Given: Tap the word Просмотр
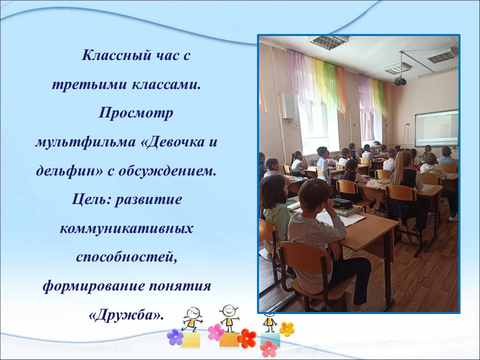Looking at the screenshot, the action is (136, 113).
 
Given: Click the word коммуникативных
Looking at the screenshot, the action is (126, 228).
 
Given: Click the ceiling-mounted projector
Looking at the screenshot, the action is (400, 81).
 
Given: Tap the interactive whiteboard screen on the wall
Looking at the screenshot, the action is (436, 129).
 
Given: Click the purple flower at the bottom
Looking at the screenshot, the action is (175, 337).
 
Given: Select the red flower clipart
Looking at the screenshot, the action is (246, 338).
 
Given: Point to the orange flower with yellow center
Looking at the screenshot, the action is (287, 329).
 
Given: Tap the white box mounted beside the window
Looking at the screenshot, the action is (288, 105).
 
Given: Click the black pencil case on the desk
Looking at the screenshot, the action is (342, 203).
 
